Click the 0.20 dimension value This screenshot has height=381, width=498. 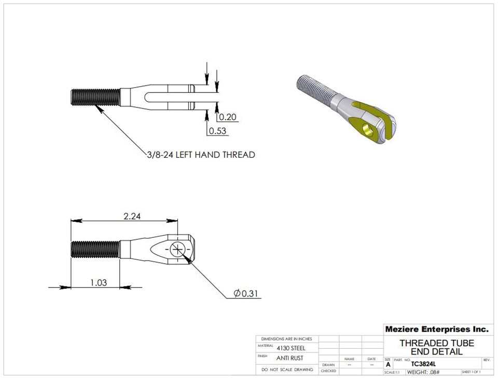(x=228, y=117)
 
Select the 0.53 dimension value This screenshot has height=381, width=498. (x=218, y=131)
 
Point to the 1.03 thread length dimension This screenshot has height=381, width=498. (x=98, y=282)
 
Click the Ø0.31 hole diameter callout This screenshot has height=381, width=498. (x=246, y=294)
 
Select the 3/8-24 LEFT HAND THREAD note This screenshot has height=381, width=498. (x=200, y=155)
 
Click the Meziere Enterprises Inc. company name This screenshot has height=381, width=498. (x=436, y=329)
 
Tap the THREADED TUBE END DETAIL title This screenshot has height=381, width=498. (x=436, y=347)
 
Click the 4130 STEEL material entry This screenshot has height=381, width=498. (x=291, y=348)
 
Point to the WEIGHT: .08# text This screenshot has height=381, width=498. (x=423, y=372)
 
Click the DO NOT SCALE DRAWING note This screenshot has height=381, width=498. (x=287, y=370)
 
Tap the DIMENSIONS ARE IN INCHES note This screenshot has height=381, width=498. (x=287, y=338)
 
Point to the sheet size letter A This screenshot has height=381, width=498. (x=388, y=364)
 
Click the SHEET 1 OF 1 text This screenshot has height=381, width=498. (x=471, y=372)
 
